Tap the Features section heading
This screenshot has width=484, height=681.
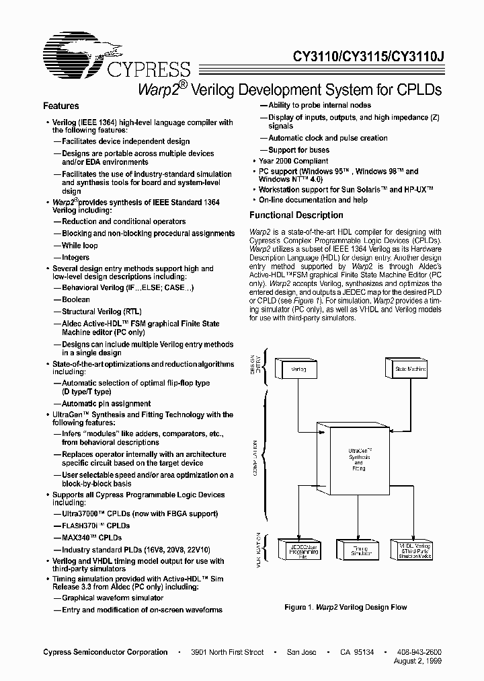coord(61,106)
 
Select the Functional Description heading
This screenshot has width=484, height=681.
coord(296,215)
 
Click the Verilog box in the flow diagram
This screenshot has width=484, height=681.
coord(298,369)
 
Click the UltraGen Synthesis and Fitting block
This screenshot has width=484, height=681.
coord(358,459)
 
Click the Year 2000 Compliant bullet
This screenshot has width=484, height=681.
coord(294,162)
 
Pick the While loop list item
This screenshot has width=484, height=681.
coord(80,246)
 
